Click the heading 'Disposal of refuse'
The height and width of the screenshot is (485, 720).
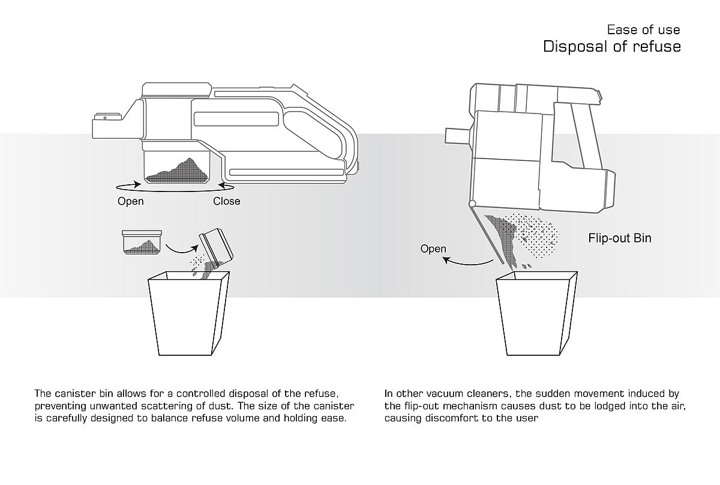(611, 47)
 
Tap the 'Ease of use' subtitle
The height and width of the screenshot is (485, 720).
(643, 29)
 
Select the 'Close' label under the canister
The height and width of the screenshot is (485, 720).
(226, 201)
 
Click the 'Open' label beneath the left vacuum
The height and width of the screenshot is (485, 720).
(130, 201)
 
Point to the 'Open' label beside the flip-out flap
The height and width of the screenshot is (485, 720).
(433, 249)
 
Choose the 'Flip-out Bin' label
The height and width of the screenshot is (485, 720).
(619, 238)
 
